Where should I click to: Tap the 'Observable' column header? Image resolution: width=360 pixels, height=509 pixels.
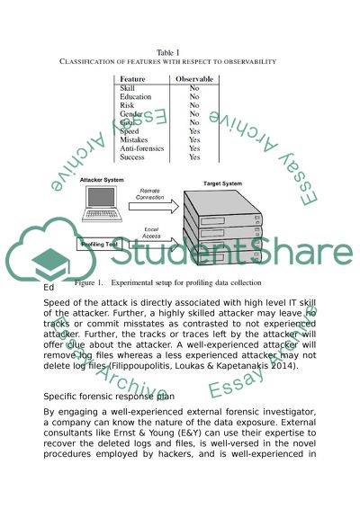pos(193,80)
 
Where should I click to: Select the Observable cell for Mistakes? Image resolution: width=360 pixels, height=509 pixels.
pos(193,139)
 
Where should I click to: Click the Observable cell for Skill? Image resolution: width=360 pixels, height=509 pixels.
pos(193,89)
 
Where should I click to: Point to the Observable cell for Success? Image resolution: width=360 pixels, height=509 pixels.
pos(193,156)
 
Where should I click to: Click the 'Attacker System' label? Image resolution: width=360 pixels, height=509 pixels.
pos(102,181)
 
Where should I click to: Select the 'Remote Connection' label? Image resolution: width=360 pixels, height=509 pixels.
pos(150,193)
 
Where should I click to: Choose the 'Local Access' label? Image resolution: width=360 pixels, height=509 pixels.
pos(151,233)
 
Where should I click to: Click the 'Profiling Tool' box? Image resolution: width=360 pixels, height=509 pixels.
pos(100,244)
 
